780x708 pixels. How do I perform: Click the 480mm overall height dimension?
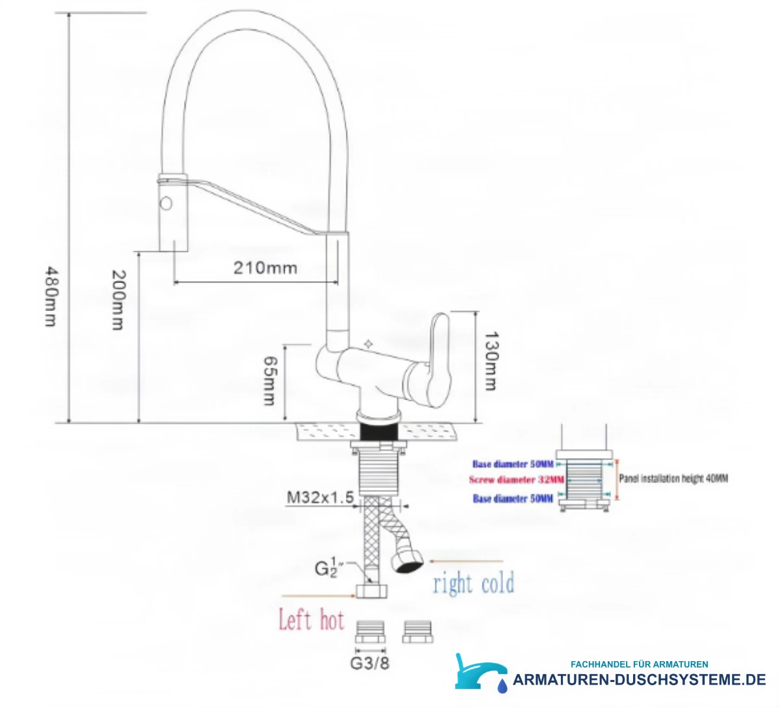51,296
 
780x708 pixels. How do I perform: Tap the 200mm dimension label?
118,300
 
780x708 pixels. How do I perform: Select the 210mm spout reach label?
265,268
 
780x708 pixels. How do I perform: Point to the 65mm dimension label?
269,381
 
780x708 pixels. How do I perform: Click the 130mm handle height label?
491,361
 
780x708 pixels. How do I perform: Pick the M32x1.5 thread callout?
320,497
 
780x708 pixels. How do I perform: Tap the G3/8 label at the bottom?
369,663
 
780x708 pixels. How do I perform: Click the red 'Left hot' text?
311,619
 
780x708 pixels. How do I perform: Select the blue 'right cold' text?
474,582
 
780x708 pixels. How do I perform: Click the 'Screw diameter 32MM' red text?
516,480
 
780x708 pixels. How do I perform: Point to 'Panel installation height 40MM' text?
673,478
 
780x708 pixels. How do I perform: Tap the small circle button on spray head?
166,203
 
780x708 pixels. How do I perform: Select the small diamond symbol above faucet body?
369,344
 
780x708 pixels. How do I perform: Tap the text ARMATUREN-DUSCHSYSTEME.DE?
639,680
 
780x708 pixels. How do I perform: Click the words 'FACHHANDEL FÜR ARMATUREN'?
639,664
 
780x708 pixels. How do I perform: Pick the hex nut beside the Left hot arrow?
372,590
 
